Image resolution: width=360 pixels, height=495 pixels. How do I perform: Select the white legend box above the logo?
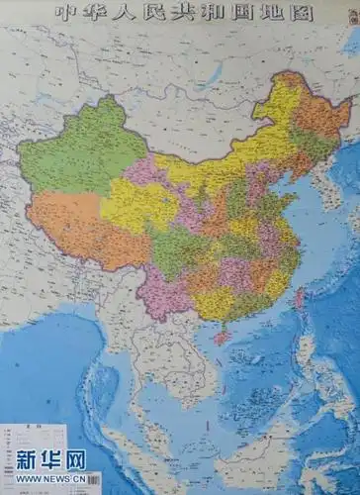click(35, 436)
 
